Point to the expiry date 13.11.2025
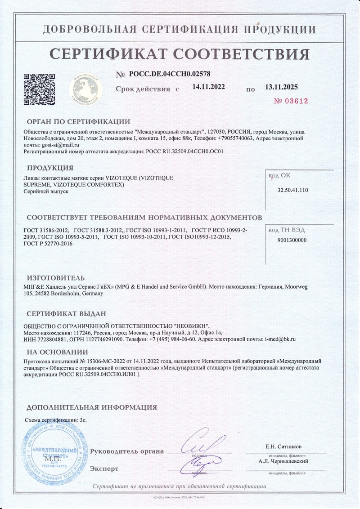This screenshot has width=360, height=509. click(x=281, y=87)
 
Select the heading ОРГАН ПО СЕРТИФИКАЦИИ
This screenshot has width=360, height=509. click(x=78, y=121)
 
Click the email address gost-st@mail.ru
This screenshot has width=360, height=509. click(x=60, y=145)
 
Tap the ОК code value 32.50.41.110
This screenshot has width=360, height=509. click(x=293, y=190)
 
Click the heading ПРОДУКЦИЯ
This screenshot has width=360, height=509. click(x=50, y=168)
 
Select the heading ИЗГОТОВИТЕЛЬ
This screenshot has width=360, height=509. click(x=55, y=278)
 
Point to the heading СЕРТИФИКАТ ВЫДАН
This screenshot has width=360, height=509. click(x=66, y=313)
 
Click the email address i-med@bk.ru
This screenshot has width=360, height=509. click(x=280, y=339)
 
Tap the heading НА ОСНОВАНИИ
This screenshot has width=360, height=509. click(x=57, y=352)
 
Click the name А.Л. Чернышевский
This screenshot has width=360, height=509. click(x=283, y=461)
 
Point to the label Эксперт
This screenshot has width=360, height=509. click(x=104, y=469)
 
